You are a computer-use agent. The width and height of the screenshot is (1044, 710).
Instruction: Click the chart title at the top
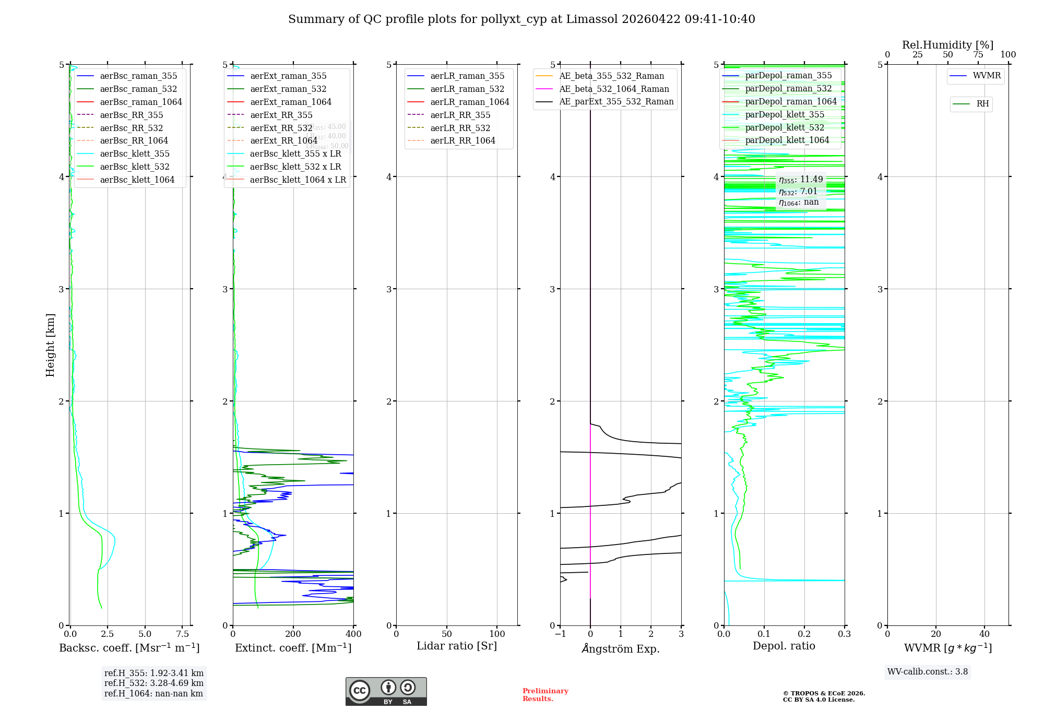tap(521, 19)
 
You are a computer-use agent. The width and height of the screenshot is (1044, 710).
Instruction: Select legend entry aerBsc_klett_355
tap(135, 153)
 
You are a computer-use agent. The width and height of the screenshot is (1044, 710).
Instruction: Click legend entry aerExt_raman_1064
tap(291, 102)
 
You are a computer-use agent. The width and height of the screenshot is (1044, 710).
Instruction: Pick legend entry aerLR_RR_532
tap(460, 128)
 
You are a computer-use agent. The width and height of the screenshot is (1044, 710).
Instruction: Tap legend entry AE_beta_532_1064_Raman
tap(614, 89)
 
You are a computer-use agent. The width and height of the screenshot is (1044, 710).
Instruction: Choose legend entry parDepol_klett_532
tap(785, 127)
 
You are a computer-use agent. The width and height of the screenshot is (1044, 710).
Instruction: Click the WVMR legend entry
tap(987, 76)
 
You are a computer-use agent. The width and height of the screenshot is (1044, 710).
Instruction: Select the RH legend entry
tap(982, 104)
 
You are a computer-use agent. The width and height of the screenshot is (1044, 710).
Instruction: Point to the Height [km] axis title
tap(50, 345)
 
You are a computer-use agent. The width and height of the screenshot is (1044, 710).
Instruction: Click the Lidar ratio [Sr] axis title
tap(457, 646)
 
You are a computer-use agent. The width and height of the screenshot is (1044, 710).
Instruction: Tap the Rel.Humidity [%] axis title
tap(947, 45)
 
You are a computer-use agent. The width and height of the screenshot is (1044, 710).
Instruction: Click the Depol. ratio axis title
tap(784, 646)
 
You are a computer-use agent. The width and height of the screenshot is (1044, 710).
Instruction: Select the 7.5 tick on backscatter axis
tap(182, 634)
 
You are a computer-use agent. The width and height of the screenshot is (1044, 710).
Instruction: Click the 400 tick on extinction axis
tap(353, 634)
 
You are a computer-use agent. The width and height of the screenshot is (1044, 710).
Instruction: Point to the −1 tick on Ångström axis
tap(560, 634)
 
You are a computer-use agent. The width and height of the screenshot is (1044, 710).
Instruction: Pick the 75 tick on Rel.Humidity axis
tap(978, 55)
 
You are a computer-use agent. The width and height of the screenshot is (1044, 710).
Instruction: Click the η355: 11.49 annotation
tap(801, 180)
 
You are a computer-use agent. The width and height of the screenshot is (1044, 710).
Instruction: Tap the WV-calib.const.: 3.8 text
tap(928, 672)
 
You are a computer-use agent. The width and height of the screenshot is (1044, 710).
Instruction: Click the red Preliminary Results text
tap(545, 695)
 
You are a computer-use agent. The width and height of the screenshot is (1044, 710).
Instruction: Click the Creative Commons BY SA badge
tap(386, 692)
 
